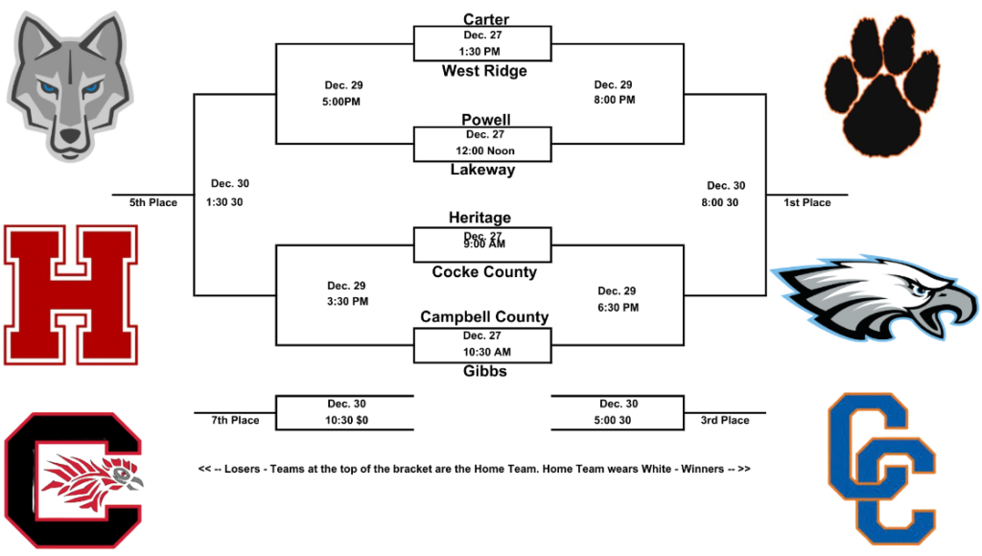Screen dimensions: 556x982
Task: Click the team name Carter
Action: [x=485, y=19]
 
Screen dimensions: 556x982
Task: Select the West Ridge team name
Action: [x=484, y=71]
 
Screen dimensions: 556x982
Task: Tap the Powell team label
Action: [x=485, y=120]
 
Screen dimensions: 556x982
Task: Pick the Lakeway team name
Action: [x=482, y=170]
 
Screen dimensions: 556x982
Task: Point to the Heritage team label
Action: [x=479, y=219]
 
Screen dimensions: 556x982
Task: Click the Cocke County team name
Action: [x=484, y=272]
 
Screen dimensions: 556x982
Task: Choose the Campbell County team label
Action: [x=484, y=317]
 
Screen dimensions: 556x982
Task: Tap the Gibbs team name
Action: [x=483, y=371]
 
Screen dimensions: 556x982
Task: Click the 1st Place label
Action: [x=807, y=202]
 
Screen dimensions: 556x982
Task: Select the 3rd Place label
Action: [x=726, y=420]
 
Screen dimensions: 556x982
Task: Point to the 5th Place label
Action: [x=153, y=202]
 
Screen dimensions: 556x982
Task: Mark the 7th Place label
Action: [x=236, y=420]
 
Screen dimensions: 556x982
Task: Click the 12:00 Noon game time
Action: [x=485, y=151]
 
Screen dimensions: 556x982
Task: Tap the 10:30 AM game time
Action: [x=484, y=352]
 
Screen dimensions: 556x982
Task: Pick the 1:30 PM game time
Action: [x=480, y=51]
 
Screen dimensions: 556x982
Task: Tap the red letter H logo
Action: [x=71, y=295]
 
